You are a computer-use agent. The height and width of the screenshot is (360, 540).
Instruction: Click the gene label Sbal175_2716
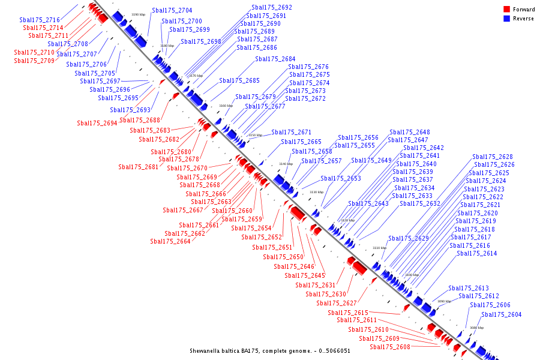point(40,20)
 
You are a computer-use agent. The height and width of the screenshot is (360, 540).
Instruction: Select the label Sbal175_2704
point(172,10)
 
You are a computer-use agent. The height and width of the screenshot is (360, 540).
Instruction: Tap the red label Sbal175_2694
point(97,123)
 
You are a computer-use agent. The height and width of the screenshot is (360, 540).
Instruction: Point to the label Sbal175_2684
point(275,59)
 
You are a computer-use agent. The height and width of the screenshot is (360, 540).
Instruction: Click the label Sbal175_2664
point(170,241)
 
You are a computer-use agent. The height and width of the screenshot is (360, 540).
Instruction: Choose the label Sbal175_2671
point(292,132)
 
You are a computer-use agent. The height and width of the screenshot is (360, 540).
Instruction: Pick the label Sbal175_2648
point(410,132)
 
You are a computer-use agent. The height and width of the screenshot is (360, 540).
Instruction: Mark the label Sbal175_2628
point(493,157)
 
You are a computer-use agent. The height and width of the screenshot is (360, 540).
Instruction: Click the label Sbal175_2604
point(502,314)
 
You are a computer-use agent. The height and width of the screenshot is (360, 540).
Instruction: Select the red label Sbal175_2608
point(390,347)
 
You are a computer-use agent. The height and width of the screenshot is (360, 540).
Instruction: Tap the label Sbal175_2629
point(409,238)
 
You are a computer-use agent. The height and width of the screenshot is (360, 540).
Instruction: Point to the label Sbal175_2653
point(341,178)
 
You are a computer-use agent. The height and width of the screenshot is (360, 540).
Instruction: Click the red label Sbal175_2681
point(139,167)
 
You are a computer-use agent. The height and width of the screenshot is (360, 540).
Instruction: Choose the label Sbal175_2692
point(272,7)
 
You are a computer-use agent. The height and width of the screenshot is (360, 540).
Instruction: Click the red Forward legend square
point(506,10)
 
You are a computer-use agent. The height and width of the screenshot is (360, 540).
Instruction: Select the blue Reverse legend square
point(506,19)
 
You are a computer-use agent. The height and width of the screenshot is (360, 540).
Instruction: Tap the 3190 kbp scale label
point(138,14)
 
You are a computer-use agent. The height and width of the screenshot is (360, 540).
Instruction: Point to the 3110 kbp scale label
point(379,248)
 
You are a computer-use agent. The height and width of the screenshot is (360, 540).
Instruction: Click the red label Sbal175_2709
point(34,61)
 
